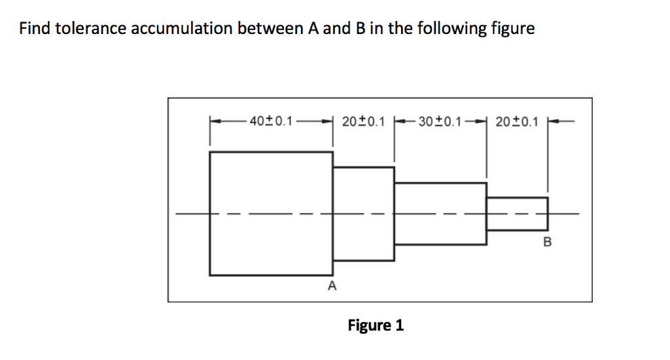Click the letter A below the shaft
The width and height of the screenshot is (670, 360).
[332, 286]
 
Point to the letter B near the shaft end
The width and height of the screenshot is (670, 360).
[548, 243]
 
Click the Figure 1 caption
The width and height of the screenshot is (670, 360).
[376, 325]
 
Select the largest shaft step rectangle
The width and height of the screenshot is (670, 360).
[271, 213]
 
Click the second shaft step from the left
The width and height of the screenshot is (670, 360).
[363, 213]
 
